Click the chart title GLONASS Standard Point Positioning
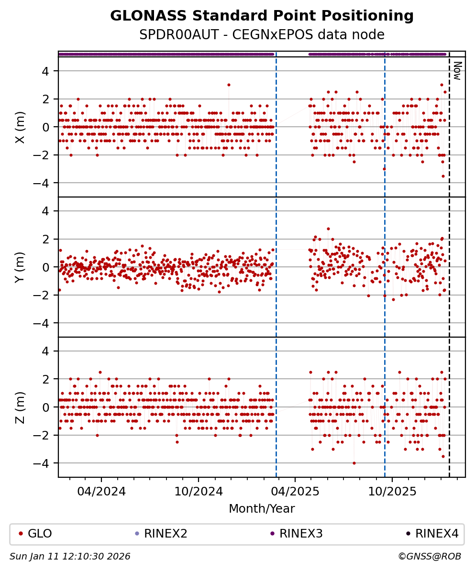262,16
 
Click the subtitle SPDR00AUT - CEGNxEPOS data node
262,35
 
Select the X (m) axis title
20,127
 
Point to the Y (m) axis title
20,267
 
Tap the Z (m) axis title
20,407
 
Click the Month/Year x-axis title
262,509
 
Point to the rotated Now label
457,70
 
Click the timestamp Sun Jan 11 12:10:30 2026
70,557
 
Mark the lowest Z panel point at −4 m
354,463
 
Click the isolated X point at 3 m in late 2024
229,85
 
